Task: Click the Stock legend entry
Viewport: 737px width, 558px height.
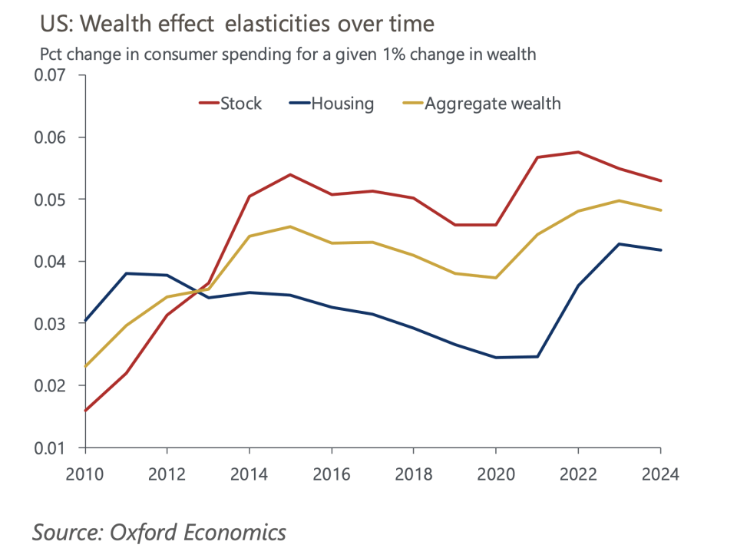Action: tap(240, 104)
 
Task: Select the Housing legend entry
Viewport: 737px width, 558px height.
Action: tap(342, 104)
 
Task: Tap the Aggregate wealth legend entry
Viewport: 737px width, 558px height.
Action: tap(492, 104)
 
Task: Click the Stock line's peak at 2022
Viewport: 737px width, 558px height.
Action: tap(578, 152)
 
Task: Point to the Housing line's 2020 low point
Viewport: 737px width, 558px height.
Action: tap(496, 358)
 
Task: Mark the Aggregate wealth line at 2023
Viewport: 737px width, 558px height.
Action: tap(619, 200)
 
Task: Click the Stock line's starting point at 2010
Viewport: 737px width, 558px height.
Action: tap(85, 411)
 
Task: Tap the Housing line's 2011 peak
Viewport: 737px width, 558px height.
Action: tap(126, 273)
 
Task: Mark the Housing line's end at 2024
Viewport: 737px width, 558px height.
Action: tap(660, 249)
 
